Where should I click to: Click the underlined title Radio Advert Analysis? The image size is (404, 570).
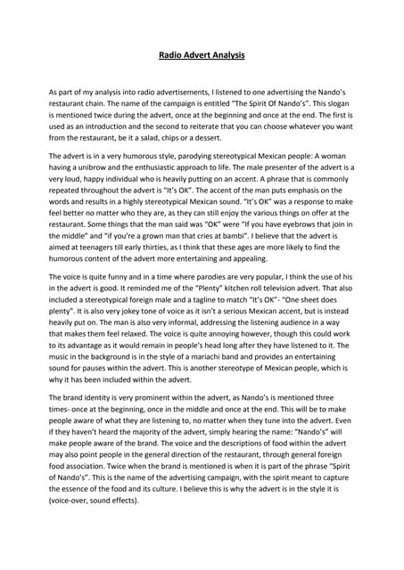point(202,55)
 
